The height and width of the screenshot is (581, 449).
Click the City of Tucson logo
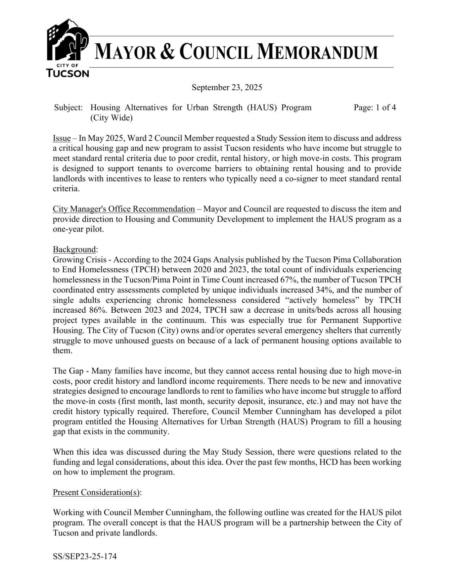(x=67, y=48)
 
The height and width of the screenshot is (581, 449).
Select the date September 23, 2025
(x=227, y=87)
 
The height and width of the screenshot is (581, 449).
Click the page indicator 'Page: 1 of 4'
(x=374, y=108)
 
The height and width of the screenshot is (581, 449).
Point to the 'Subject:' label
(x=69, y=108)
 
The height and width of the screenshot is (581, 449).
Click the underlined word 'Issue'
(x=61, y=138)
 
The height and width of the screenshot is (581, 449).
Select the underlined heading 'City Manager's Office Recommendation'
(x=124, y=209)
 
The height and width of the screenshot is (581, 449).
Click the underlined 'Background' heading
(x=74, y=250)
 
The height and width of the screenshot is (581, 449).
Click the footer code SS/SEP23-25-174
(x=84, y=557)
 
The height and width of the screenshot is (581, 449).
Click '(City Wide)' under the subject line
(x=111, y=118)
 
